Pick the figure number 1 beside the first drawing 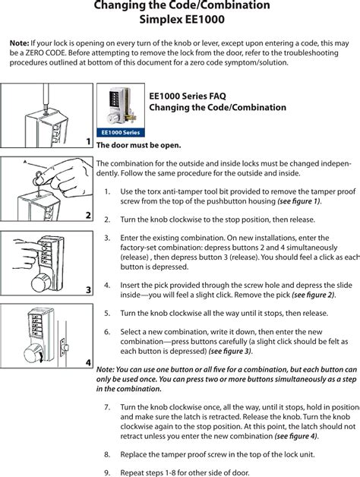click(x=88, y=141)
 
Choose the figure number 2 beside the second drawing click(x=88, y=216)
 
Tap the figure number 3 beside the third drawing click(x=88, y=290)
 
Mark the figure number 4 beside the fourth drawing click(x=88, y=364)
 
